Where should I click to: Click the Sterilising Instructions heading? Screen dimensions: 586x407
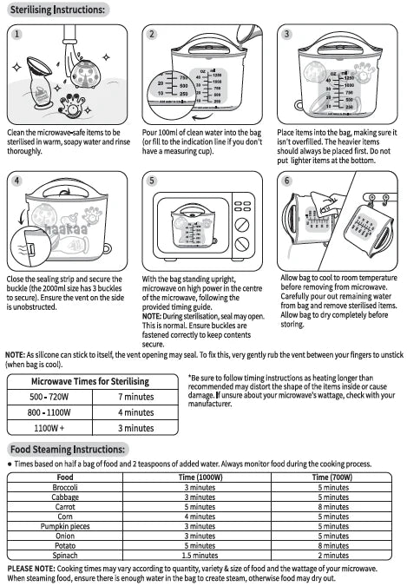point(59,10)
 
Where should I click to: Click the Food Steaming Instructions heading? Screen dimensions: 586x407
point(68,449)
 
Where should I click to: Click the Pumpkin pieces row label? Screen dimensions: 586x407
point(65,526)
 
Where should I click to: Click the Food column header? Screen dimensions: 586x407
point(65,477)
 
